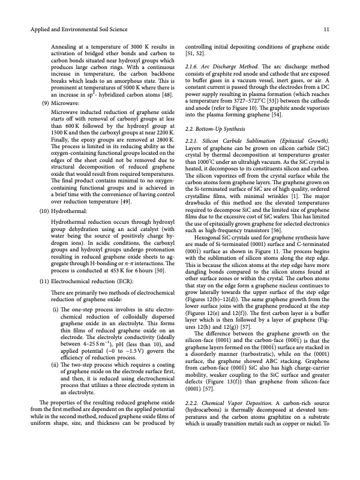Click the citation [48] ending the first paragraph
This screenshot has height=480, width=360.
point(169,94)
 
